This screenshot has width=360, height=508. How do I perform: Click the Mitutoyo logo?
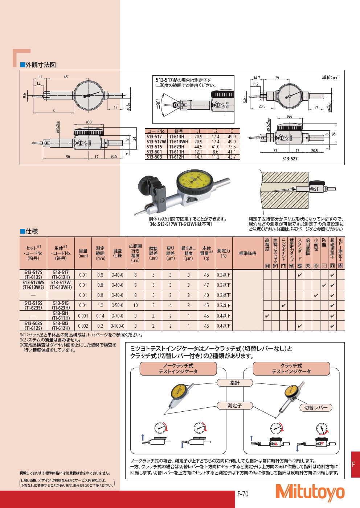310,493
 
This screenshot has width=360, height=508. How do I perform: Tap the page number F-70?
243,494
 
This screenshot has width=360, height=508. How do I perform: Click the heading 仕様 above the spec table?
32,231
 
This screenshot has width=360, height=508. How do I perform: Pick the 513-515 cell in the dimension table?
154,147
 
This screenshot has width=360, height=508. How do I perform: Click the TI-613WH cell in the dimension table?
179,142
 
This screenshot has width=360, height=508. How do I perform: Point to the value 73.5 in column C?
232,147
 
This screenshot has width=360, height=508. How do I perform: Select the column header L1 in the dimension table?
198,131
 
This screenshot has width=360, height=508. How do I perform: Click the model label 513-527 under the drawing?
290,158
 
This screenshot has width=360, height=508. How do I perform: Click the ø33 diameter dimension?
89,122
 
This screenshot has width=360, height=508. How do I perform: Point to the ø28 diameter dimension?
289,117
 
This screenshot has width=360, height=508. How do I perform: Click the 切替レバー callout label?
315,408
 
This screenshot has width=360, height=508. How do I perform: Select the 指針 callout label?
235,383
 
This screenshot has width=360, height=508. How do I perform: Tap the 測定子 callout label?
234,406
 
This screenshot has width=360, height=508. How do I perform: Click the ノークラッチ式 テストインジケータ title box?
178,369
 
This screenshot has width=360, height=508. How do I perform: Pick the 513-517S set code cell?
33,274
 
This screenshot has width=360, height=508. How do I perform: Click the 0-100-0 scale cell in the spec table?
117,326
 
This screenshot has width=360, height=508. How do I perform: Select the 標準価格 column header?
247,253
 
